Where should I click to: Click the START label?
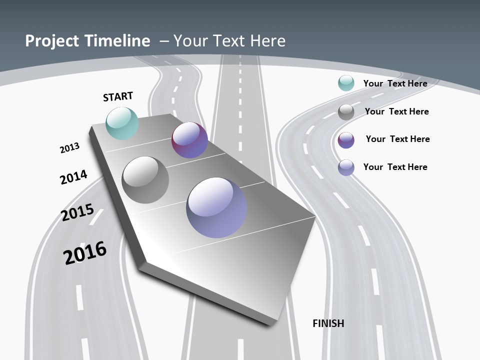[x=118, y=96]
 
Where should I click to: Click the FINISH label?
[x=328, y=323]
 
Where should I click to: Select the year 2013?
[x=69, y=148]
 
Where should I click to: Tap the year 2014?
[x=73, y=177]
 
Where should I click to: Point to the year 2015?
[x=77, y=212]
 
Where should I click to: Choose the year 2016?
[x=85, y=252]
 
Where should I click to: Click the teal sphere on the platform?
[x=122, y=123]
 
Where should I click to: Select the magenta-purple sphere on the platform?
[x=189, y=140]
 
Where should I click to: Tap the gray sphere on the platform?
[x=145, y=180]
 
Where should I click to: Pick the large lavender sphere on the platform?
[x=216, y=207]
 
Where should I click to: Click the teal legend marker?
[x=346, y=83]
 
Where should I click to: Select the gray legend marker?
[x=346, y=112]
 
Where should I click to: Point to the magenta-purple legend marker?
[x=346, y=140]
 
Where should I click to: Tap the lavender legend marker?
[x=346, y=167]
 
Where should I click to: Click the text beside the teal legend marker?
[x=395, y=83]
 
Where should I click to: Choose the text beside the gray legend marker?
[x=396, y=111]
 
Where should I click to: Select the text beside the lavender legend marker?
[x=395, y=167]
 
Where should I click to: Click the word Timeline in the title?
[x=118, y=41]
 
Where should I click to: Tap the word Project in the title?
[x=49, y=41]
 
